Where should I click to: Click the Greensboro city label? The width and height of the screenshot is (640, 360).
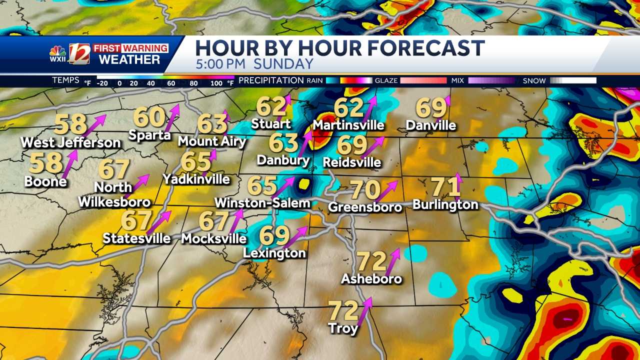[x=365, y=207]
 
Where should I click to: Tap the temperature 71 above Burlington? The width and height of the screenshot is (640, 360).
[x=445, y=187]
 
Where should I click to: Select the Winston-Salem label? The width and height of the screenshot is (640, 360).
[x=262, y=203]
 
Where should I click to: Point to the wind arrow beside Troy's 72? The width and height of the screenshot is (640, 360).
[x=365, y=310]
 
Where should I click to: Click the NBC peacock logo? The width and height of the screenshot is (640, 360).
[x=57, y=52]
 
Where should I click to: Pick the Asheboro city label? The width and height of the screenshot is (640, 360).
[x=371, y=279]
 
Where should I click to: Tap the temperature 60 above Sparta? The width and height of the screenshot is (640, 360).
[x=149, y=117]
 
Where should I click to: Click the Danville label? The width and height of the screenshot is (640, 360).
[x=431, y=125]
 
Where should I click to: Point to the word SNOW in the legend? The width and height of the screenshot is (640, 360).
[x=534, y=80]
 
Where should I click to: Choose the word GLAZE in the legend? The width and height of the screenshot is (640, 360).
[x=385, y=80]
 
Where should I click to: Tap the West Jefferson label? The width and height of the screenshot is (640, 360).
[x=70, y=143]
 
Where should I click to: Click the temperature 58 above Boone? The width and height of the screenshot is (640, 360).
[x=45, y=163]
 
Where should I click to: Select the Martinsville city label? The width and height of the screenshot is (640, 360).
[x=348, y=125]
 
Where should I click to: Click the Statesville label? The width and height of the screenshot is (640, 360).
[x=136, y=238]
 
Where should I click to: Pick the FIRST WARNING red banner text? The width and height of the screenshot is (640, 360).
[x=131, y=48]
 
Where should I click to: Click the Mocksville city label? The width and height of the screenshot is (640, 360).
[x=214, y=239]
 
